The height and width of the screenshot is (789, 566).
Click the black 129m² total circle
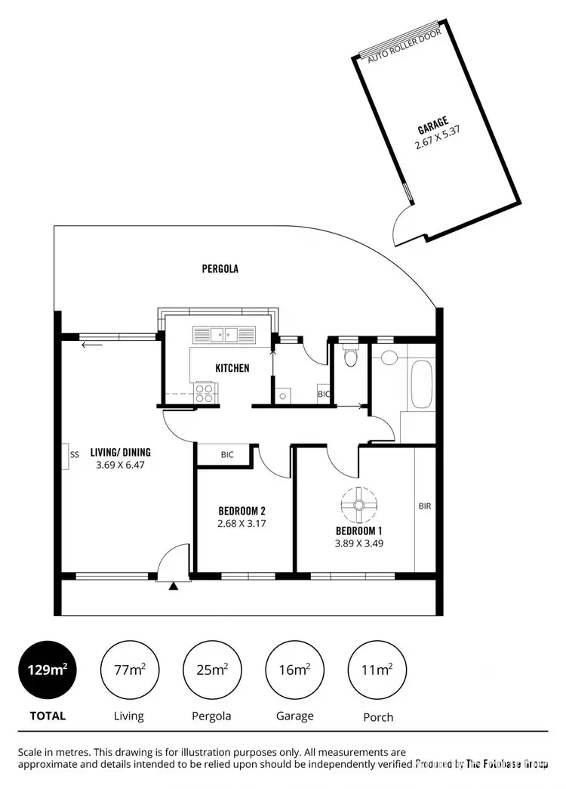pyautogui.click(x=48, y=669)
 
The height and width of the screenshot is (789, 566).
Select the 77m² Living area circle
pyautogui.click(x=130, y=669)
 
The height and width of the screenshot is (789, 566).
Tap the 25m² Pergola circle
pyautogui.click(x=212, y=669)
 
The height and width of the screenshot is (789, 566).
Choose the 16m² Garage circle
pyautogui.click(x=294, y=669)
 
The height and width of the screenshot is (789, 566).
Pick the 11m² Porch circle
pyautogui.click(x=377, y=669)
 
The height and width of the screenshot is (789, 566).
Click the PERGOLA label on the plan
pyautogui.click(x=220, y=268)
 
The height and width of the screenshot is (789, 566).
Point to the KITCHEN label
pyautogui.click(x=232, y=368)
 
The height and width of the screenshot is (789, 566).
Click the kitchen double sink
pyautogui.click(x=225, y=333)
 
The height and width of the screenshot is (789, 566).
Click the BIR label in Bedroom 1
pyautogui.click(x=424, y=506)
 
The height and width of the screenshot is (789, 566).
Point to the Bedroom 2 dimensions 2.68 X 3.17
pyautogui.click(x=241, y=523)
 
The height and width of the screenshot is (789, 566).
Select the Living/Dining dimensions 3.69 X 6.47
pyautogui.click(x=120, y=466)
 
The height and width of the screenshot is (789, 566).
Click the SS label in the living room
pyautogui.click(x=74, y=455)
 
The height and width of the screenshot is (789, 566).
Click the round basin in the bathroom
pyautogui.click(x=389, y=357)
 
